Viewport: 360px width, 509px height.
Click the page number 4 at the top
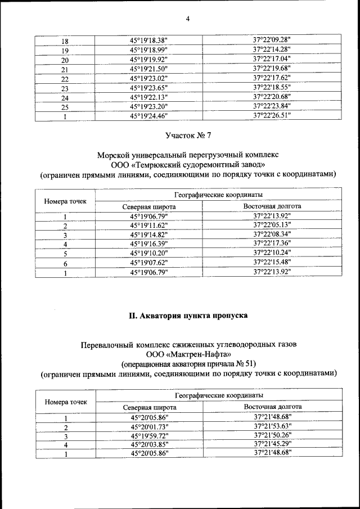click(x=188, y=19)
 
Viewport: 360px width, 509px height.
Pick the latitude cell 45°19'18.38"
click(x=149, y=40)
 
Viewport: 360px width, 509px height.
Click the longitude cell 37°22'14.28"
click(x=272, y=49)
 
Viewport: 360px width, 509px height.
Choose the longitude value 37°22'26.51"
click(x=272, y=115)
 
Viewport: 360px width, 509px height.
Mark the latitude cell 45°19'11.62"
click(x=149, y=225)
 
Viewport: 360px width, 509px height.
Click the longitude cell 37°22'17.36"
click(x=272, y=244)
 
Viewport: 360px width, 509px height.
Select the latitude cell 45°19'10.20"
click(x=149, y=253)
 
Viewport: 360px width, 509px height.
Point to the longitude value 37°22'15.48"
click(x=272, y=262)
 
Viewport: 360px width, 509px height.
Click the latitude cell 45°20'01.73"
click(x=149, y=426)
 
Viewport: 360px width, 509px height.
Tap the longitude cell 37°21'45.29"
click(x=272, y=444)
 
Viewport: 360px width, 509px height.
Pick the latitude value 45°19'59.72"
click(x=149, y=435)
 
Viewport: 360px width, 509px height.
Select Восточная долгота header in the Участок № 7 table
click(x=272, y=206)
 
